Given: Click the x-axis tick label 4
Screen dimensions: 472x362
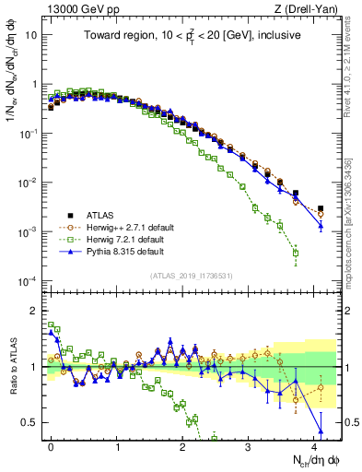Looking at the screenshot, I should (x=314, y=443).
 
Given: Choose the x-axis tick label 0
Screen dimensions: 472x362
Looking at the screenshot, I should (x=52, y=443).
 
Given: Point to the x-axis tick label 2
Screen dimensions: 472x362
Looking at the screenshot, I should (x=183, y=443).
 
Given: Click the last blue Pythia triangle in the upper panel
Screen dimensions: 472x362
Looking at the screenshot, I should (x=321, y=226).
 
